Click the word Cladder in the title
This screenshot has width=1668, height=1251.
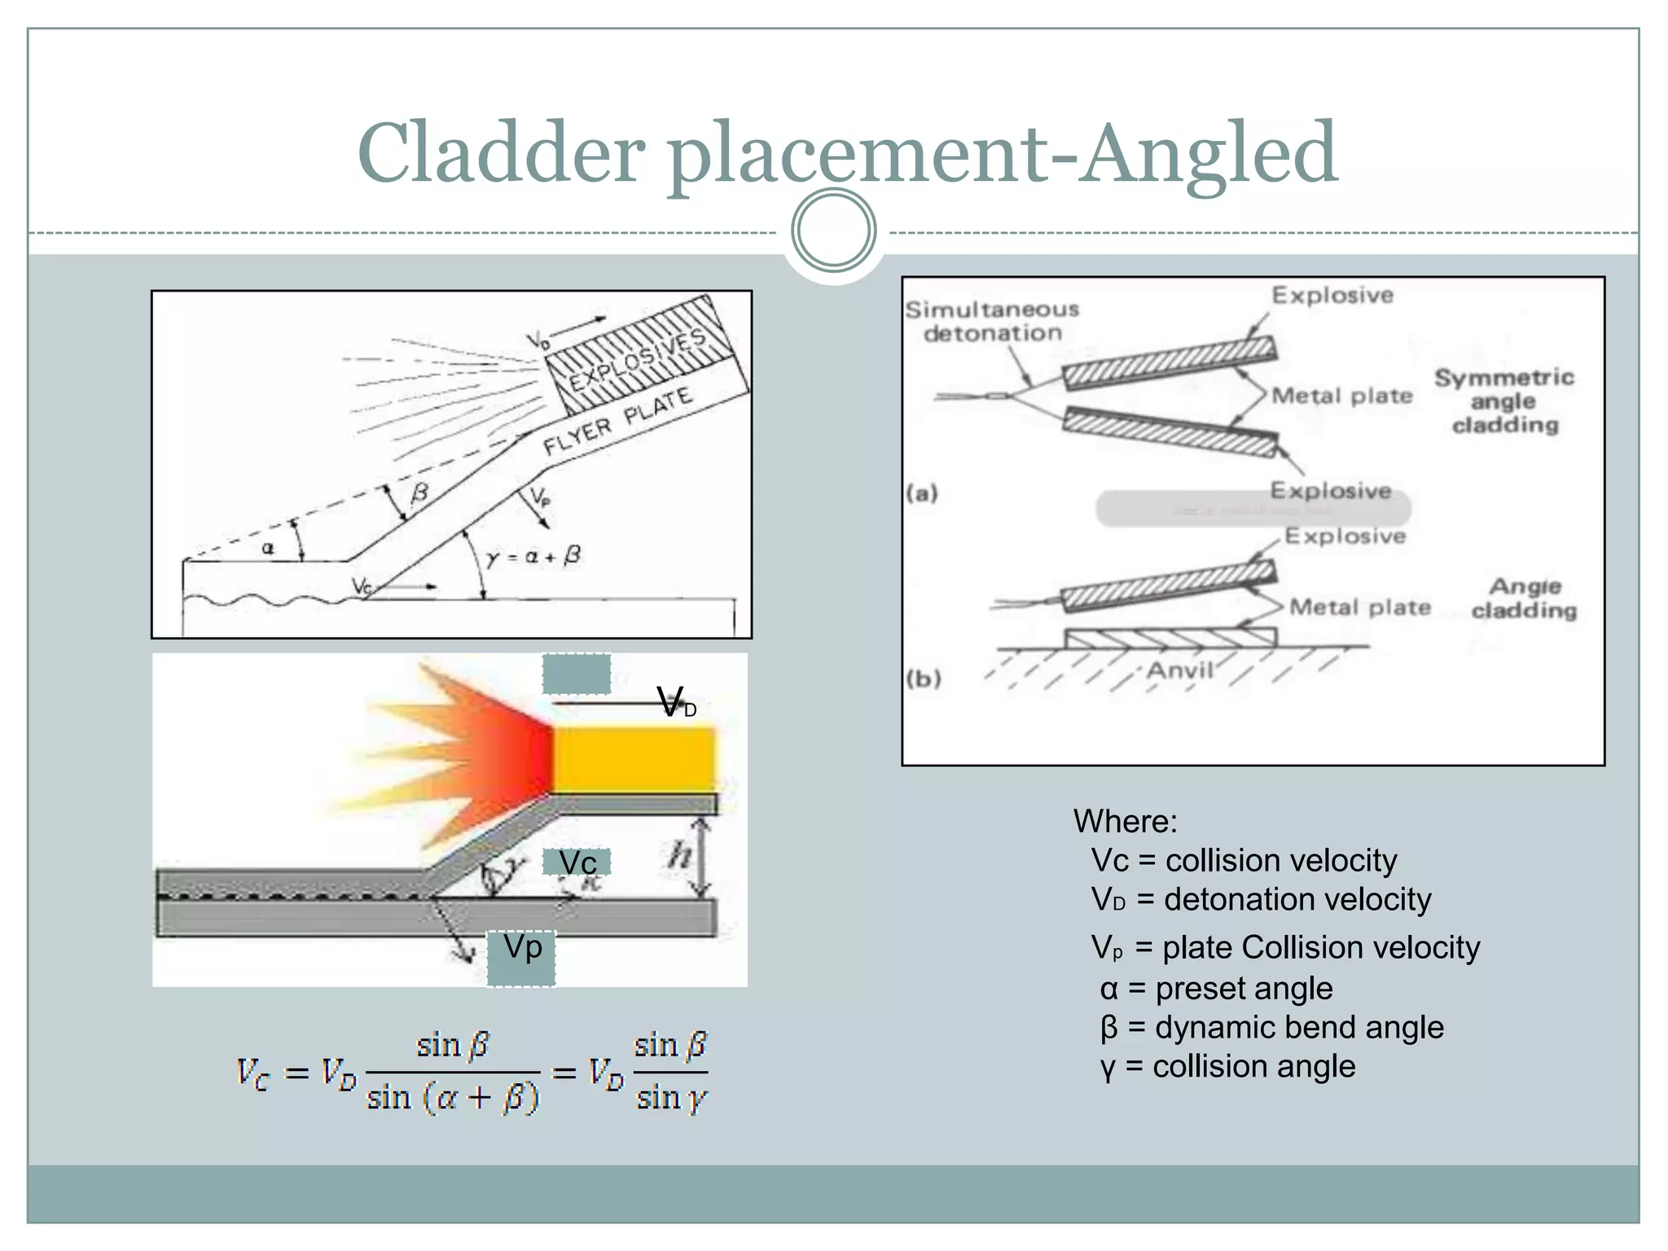[x=500, y=153]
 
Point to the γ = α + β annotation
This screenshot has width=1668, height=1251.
[x=533, y=556]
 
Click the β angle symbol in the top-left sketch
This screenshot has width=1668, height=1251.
[x=419, y=493]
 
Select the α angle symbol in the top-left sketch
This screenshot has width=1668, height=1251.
[x=268, y=549]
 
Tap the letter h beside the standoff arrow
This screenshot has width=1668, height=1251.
[x=679, y=855]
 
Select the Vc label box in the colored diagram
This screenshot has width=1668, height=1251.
[x=577, y=862]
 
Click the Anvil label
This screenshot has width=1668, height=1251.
[x=1179, y=670]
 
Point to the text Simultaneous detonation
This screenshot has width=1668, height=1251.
[x=992, y=321]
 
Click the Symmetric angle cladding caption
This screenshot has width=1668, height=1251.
[x=1503, y=401]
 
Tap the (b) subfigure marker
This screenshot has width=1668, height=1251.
[x=923, y=678]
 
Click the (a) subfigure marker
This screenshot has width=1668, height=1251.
[x=922, y=493]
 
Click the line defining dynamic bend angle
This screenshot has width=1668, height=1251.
[x=1271, y=1027]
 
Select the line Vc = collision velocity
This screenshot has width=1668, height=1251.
[x=1244, y=860]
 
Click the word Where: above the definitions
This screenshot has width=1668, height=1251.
[x=1125, y=821]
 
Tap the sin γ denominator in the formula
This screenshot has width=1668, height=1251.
[x=670, y=1098]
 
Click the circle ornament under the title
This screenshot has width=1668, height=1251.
[x=833, y=230]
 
